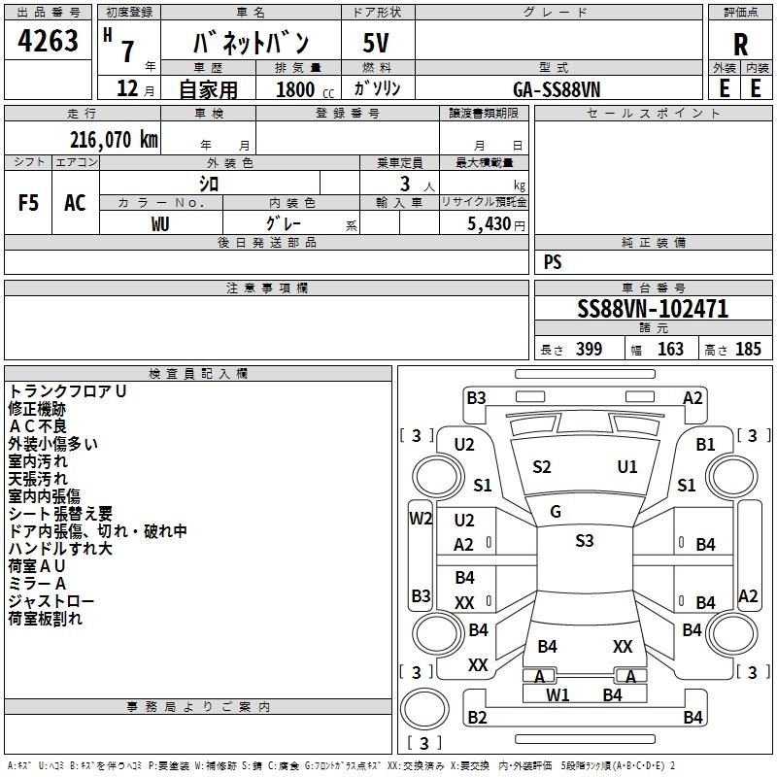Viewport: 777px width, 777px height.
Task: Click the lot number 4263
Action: coord(48,40)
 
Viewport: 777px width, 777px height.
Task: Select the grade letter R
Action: coord(740,45)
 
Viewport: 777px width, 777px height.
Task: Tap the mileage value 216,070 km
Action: coord(114,140)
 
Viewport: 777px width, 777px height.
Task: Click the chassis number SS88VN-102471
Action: coord(653,308)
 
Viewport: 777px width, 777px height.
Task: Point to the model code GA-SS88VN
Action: coord(557,89)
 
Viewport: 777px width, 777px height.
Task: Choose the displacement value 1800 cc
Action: coord(305,89)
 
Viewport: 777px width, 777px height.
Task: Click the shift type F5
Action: coord(28,203)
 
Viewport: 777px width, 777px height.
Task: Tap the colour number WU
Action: coord(160,224)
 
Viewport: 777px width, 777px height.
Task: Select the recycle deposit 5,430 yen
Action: coord(495,224)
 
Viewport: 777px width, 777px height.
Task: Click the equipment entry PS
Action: coord(553,261)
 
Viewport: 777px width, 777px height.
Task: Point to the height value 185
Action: coord(748,349)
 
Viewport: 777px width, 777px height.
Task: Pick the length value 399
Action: coord(589,349)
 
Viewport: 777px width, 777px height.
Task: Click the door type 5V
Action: coord(376,43)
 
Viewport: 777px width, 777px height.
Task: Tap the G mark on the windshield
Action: coord(556,511)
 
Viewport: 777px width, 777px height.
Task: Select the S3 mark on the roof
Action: coord(585,540)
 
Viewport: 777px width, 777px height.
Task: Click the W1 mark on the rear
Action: coord(557,695)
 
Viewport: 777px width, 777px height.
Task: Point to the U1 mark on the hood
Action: coord(626,466)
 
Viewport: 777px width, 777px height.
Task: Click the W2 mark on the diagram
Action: coord(421,519)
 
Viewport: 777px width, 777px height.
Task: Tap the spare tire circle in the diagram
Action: coord(424,709)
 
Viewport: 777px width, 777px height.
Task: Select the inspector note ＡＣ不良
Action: coord(38,426)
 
